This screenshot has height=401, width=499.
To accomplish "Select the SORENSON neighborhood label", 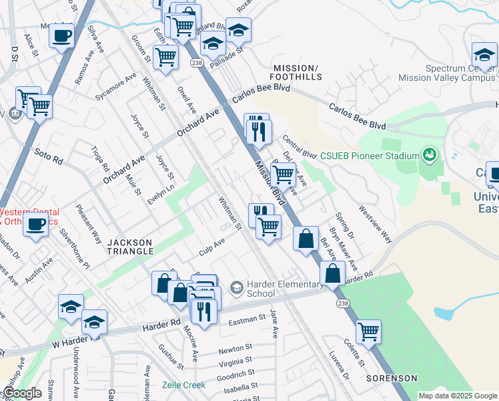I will click(x=391, y=378).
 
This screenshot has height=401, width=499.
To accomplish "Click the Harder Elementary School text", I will click(x=285, y=289).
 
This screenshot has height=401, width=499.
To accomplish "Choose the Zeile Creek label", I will click(x=184, y=385).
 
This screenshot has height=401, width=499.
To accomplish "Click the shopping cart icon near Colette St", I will click(x=368, y=331).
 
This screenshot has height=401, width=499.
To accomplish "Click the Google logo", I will click(x=23, y=394).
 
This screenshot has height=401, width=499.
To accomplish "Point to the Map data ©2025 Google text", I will click(x=456, y=396).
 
